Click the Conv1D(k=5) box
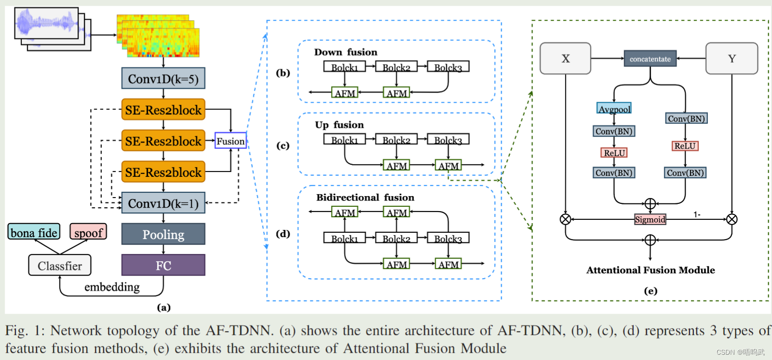click(163, 79)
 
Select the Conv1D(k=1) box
click(163, 203)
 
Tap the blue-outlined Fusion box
click(230, 141)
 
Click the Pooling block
click(163, 234)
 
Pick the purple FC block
click(163, 266)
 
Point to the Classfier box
click(60, 266)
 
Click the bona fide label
click(34, 232)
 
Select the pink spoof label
click(88, 232)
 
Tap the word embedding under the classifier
click(112, 287)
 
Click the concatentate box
click(650, 59)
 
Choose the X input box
click(565, 58)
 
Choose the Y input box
click(732, 58)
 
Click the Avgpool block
click(614, 109)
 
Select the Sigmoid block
click(650, 219)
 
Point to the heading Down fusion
click(346, 52)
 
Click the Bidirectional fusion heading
click(365, 198)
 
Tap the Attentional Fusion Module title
click(650, 270)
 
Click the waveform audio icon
click(47, 23)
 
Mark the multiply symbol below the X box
click(565, 219)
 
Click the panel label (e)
click(650, 291)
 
